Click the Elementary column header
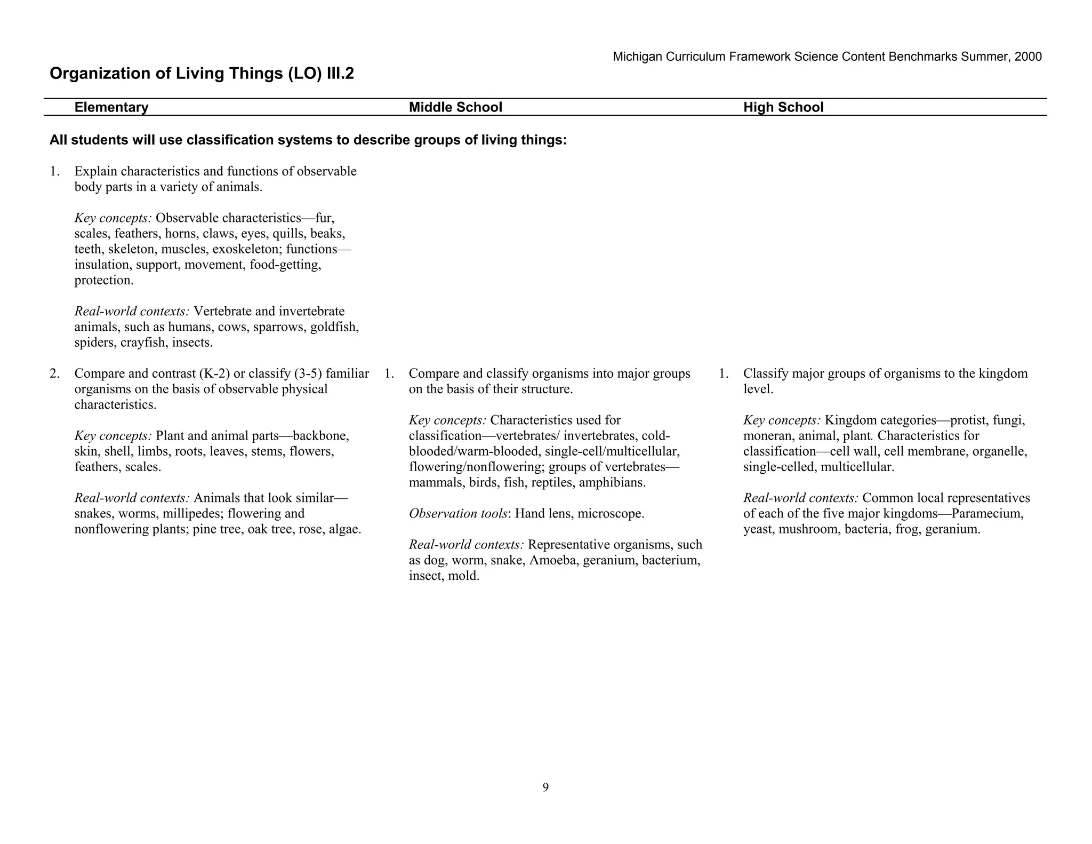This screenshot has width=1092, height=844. click(111, 107)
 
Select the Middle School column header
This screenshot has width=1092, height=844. click(455, 107)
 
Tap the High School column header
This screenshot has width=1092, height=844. click(783, 107)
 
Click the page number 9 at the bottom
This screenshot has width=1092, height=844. click(545, 787)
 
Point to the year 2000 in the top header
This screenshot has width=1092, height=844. click(1028, 57)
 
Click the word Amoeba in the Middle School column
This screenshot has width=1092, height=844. click(552, 560)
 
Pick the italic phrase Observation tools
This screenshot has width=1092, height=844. click(457, 514)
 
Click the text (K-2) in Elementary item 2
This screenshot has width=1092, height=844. click(213, 373)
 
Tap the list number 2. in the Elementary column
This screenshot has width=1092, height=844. click(54, 373)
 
